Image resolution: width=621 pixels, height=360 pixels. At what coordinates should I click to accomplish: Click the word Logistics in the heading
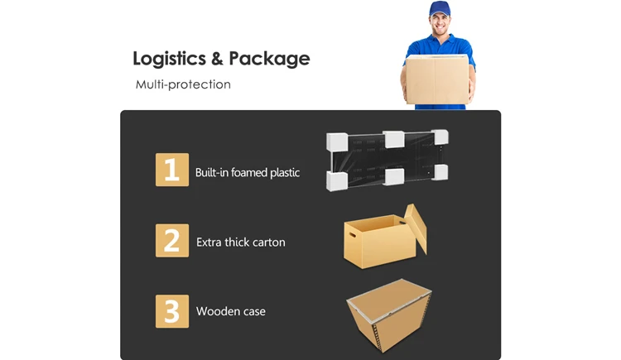point(169,60)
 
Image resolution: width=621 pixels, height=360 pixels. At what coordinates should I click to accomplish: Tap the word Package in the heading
point(269,60)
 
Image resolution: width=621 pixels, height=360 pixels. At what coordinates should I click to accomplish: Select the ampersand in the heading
point(216,60)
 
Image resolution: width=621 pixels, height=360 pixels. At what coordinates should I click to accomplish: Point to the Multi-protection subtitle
point(183,84)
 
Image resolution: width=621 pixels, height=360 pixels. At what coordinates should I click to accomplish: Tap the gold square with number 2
point(172,240)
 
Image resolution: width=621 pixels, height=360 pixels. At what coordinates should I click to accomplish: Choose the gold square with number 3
point(172,311)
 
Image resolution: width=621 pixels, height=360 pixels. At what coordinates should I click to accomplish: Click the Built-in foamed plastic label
point(248,173)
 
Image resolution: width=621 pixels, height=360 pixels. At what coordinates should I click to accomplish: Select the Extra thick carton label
point(241,242)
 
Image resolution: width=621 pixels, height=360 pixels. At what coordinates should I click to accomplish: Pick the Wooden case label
point(231,312)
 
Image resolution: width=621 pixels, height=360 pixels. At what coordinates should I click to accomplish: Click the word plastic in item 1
point(284,173)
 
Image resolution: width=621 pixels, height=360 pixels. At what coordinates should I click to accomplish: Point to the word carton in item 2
point(269,242)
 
